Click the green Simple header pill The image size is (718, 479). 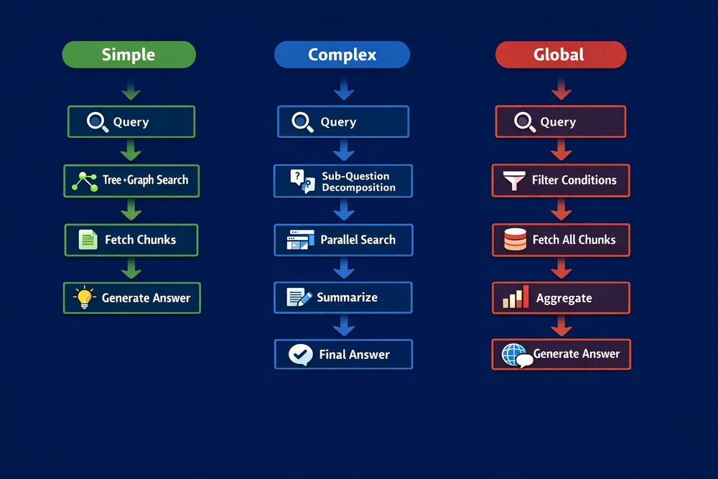[129, 55]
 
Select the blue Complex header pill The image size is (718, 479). [342, 55]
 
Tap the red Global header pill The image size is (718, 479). [561, 55]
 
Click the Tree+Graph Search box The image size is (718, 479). [131, 181]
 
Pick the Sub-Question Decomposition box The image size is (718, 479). [343, 181]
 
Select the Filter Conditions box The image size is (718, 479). [561, 180]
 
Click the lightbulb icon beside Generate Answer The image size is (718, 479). [85, 297]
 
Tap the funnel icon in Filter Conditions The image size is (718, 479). [514, 180]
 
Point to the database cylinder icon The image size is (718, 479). [515, 239]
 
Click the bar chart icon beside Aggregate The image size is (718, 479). [516, 297]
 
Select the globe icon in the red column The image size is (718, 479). [513, 355]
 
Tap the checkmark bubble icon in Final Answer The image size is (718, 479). [300, 355]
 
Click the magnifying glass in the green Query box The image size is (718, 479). [98, 122]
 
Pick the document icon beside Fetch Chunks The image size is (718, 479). [88, 240]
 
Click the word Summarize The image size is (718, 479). [347, 297]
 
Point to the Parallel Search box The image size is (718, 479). [343, 240]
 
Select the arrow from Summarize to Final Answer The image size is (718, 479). [344, 325]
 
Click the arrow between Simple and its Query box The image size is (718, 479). [131, 89]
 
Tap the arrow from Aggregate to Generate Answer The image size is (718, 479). [561, 325]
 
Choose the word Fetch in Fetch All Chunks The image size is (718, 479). [546, 240]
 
